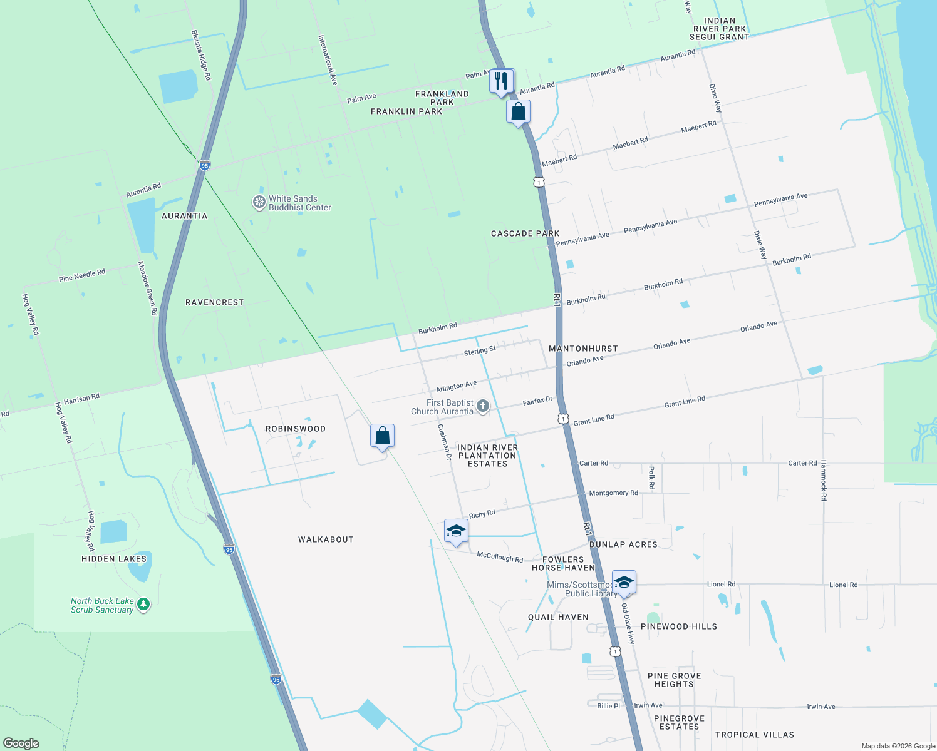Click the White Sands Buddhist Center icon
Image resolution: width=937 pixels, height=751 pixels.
(x=259, y=202)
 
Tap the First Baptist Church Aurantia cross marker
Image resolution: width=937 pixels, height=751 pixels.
(x=482, y=406)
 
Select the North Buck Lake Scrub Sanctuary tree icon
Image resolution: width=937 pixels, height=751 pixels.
(x=143, y=605)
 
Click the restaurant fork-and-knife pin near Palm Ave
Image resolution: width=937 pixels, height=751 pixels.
(x=501, y=81)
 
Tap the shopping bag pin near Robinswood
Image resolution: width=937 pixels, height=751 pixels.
(x=382, y=436)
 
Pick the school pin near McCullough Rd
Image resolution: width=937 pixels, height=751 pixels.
(x=456, y=531)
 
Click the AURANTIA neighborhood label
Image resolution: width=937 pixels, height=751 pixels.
(x=184, y=216)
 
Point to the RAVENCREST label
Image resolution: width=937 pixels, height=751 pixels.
(x=214, y=302)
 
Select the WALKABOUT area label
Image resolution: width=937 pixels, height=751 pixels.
(x=326, y=539)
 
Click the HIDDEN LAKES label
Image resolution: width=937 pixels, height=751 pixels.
(x=114, y=559)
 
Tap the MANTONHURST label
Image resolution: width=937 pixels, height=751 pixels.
(x=583, y=349)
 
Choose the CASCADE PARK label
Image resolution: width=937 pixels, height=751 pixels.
(x=525, y=233)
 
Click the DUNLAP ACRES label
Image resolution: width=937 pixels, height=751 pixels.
(x=623, y=544)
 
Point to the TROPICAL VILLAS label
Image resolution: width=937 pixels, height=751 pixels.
(x=754, y=735)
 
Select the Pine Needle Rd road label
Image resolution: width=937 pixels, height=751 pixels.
(x=82, y=275)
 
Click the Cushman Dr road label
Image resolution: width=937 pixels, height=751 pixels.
(x=444, y=442)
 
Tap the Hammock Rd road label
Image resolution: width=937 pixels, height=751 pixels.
(x=824, y=480)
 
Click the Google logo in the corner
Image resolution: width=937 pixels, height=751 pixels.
(x=21, y=743)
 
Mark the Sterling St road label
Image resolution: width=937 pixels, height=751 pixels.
(x=480, y=351)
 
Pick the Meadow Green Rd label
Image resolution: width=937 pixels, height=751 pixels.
(x=147, y=288)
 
